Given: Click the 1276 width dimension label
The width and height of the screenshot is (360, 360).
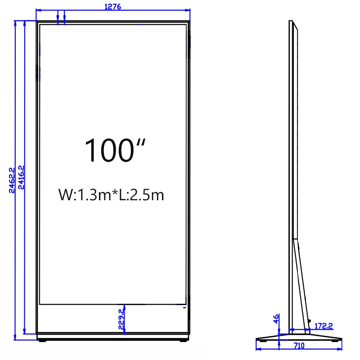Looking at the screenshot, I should (112, 6).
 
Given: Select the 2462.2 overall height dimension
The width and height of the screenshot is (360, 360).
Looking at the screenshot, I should (13, 180).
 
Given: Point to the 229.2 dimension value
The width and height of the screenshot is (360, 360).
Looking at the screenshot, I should (121, 320).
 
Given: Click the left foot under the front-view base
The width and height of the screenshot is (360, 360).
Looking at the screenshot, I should (43, 341).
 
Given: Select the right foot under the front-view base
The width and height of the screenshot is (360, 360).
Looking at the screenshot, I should (183, 341).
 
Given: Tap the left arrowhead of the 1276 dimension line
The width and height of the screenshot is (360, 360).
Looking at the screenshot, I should (37, 10).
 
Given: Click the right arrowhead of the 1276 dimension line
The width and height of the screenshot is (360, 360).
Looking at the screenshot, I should (188, 10).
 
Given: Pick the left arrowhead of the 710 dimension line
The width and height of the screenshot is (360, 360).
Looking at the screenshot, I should (258, 342).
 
